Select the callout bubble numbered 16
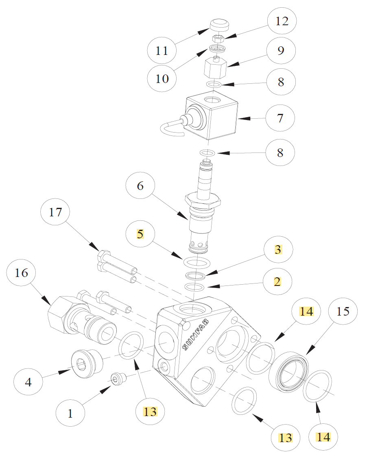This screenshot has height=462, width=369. coord(22,272)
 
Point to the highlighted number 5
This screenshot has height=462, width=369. coord(140,235)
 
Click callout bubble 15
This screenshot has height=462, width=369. coord(343,311)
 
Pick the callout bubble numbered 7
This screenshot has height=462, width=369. coord(280,118)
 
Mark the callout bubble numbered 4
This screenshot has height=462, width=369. coord(28,382)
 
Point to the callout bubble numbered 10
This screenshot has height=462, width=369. coord(162,78)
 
